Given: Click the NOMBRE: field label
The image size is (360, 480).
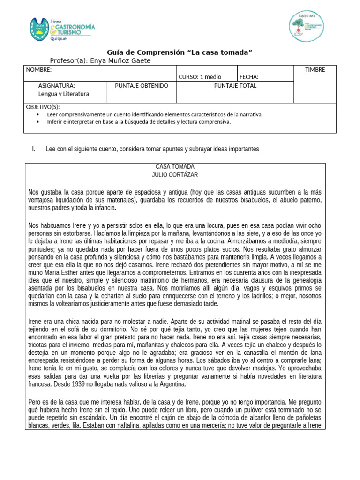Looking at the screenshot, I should pyautogui.click(x=38, y=70).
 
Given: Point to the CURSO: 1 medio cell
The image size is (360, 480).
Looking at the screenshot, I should pyautogui.click(x=200, y=77).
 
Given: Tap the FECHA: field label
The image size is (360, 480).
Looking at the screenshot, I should pyautogui.click(x=249, y=77).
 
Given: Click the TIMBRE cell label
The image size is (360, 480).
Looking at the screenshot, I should pyautogui.click(x=315, y=70).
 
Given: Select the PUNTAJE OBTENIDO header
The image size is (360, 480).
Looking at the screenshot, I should pyautogui.click(x=141, y=86).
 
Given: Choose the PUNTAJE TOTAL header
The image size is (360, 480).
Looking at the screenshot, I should pyautogui.click(x=235, y=86).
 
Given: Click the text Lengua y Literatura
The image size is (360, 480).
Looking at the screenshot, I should pyautogui.click(x=63, y=94).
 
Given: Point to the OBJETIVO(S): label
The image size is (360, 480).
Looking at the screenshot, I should pyautogui.click(x=43, y=107).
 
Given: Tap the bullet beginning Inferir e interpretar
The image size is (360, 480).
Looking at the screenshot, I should pyautogui.click(x=139, y=122).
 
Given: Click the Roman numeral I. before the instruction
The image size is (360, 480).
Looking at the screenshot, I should pyautogui.click(x=34, y=149).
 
